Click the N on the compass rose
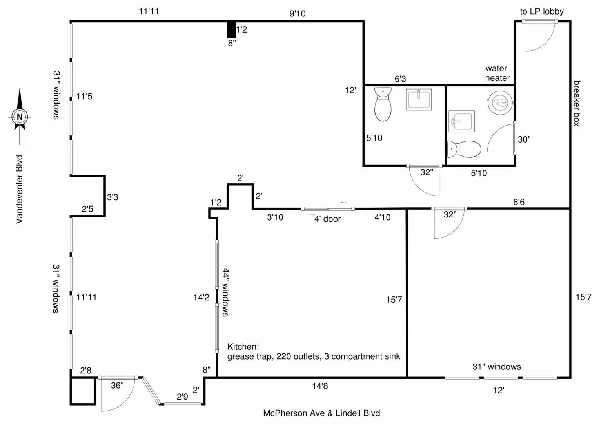tap(20, 117)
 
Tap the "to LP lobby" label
tap(541, 11)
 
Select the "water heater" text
tap(497, 73)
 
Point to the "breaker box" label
tap(577, 103)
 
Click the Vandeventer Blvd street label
tap(19, 189)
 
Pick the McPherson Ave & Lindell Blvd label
tap(321, 413)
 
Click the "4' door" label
tap(327, 219)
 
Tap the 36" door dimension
tap(117, 385)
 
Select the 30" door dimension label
tap(524, 139)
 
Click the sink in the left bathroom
tap(419, 99)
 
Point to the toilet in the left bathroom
tap(383, 104)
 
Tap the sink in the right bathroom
tap(461, 121)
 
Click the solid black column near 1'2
tap(231, 29)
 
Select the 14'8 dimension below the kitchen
tap(320, 386)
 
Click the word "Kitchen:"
tap(243, 347)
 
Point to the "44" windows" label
tap(226, 292)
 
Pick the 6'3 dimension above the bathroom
tap(400, 79)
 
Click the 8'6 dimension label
tap(519, 202)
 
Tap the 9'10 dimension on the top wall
tap(298, 13)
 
